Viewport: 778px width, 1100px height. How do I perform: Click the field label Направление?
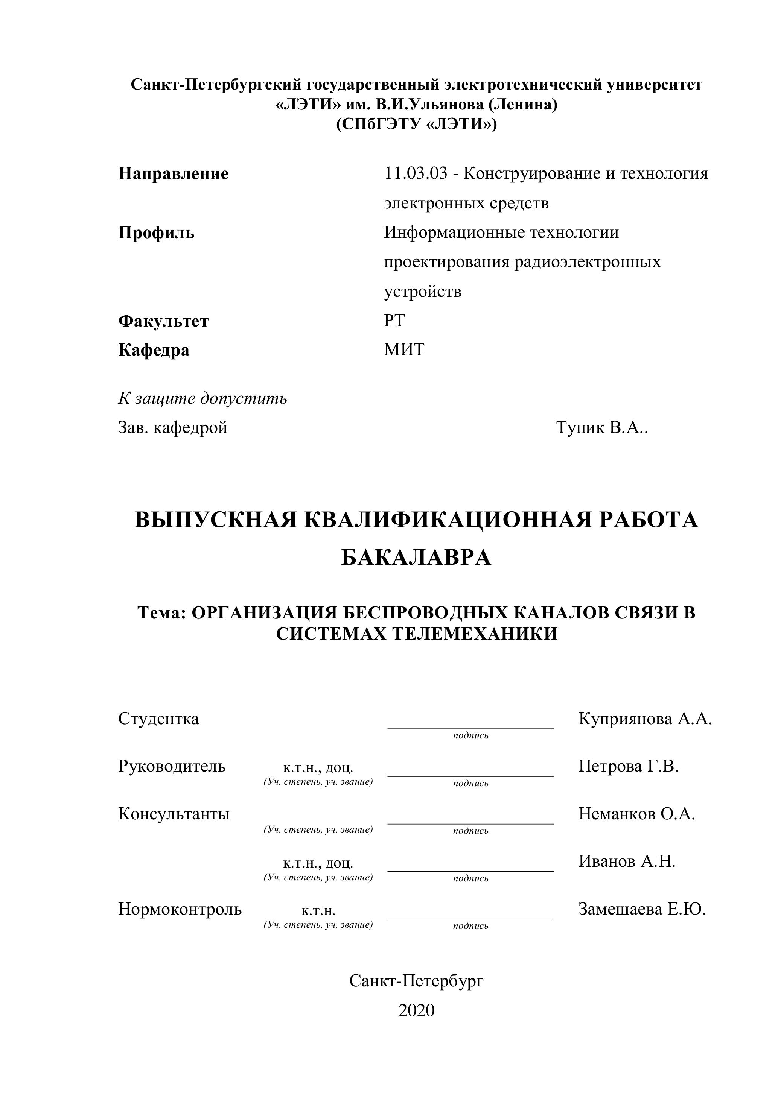point(173,173)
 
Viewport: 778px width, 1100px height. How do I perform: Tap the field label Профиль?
point(156,233)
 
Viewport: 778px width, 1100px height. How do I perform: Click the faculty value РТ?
point(394,321)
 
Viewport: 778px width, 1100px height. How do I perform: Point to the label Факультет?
point(163,321)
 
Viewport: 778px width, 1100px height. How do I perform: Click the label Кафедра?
point(154,350)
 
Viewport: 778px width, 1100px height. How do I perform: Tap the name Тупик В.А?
point(601,427)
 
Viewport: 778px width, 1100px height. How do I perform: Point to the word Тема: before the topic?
point(161,613)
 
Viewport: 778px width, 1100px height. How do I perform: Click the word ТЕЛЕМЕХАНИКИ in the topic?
point(475,634)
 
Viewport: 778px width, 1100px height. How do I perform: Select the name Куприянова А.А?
point(645,719)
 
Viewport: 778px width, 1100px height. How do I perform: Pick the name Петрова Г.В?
point(628,766)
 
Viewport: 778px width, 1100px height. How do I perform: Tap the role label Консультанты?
point(174,813)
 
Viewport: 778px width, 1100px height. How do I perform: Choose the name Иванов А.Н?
point(627,861)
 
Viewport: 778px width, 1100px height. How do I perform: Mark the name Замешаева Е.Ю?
point(642,909)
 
